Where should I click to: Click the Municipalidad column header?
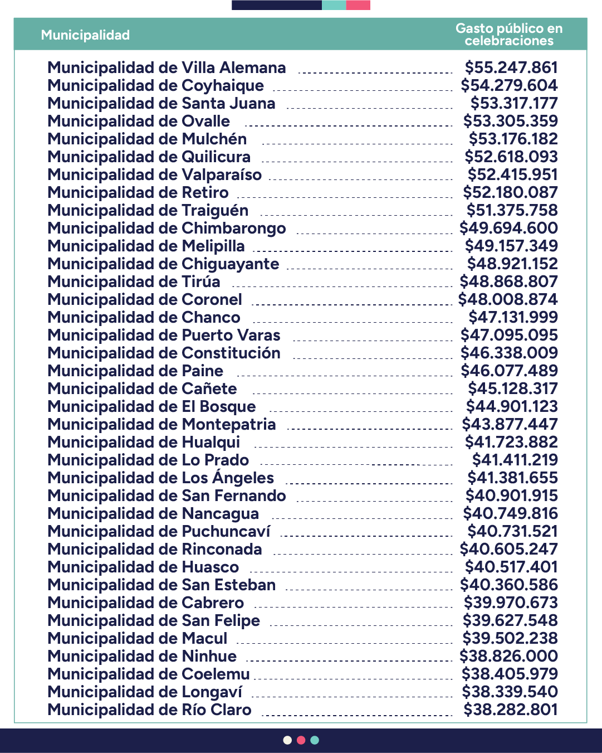click(85, 35)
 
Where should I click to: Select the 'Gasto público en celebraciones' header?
click(508, 35)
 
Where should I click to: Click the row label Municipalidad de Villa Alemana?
click(167, 68)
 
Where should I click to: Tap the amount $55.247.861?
click(511, 68)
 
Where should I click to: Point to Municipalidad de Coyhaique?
click(155, 86)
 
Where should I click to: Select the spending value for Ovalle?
click(510, 122)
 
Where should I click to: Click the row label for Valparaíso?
click(154, 175)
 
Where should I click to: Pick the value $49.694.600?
click(508, 229)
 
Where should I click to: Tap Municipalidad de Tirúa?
click(134, 282)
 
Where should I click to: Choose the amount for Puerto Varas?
click(509, 336)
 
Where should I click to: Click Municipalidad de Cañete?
click(142, 389)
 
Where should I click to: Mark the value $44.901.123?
click(512, 407)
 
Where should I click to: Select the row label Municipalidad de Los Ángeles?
click(160, 478)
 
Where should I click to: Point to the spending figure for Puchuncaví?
click(512, 532)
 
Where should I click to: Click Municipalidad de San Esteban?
click(161, 585)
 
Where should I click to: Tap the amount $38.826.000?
click(508, 657)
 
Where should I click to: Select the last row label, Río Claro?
click(149, 710)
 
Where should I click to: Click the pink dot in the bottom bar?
click(301, 740)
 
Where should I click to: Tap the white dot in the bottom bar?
click(287, 740)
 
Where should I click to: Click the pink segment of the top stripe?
click(358, 5)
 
